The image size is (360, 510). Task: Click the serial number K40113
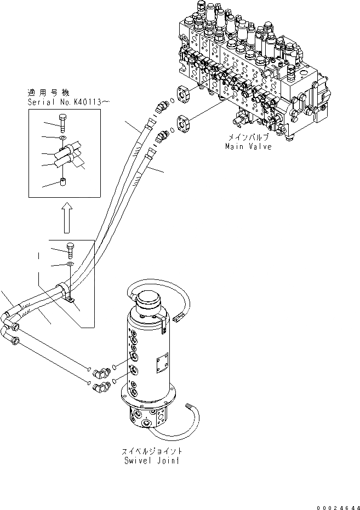(80, 102)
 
